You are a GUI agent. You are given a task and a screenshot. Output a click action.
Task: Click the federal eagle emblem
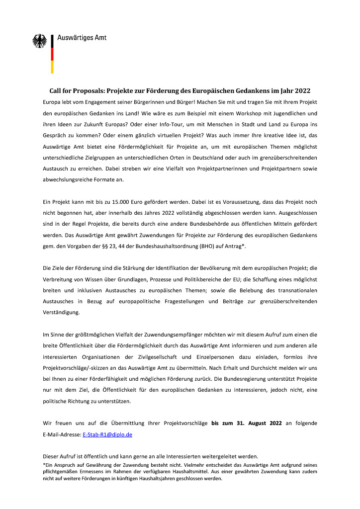tap(39, 41)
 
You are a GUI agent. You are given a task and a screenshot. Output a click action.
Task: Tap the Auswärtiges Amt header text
tap(82, 37)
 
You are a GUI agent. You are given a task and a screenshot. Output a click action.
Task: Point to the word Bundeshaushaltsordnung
tap(164, 246)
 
